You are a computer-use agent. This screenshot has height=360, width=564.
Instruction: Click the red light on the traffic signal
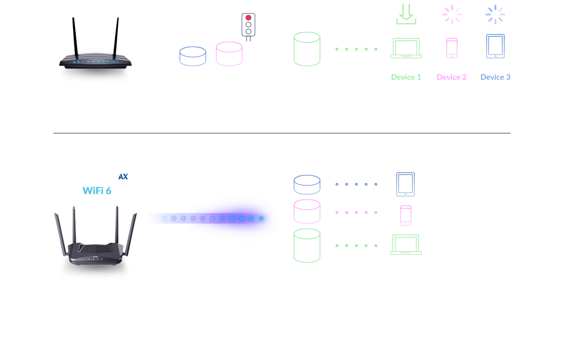[x=248, y=18]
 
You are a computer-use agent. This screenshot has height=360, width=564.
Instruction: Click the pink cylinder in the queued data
[x=229, y=54]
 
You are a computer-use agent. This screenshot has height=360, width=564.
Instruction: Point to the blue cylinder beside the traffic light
[x=193, y=56]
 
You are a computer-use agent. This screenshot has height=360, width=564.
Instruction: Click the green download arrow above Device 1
[x=406, y=15]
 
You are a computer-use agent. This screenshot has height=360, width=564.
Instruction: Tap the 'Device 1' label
[x=406, y=77]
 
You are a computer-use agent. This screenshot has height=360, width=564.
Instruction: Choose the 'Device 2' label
[x=452, y=77]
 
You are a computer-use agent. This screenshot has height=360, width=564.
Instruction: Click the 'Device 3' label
[x=495, y=77]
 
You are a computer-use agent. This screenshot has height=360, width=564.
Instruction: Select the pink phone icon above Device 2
[x=452, y=48]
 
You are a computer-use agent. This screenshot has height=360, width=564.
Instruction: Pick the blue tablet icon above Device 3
[x=495, y=46]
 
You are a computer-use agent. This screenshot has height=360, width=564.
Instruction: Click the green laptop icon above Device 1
[x=406, y=48]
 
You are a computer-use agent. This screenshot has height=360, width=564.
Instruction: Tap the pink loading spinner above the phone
[x=452, y=15]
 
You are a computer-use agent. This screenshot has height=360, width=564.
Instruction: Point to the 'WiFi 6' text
[x=97, y=191]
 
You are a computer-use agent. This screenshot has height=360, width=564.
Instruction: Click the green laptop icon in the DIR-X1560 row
[x=405, y=245]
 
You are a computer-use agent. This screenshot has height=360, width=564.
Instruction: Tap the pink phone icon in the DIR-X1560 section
[x=405, y=215]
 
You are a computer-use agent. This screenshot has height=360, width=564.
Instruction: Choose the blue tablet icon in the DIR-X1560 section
[x=405, y=184]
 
